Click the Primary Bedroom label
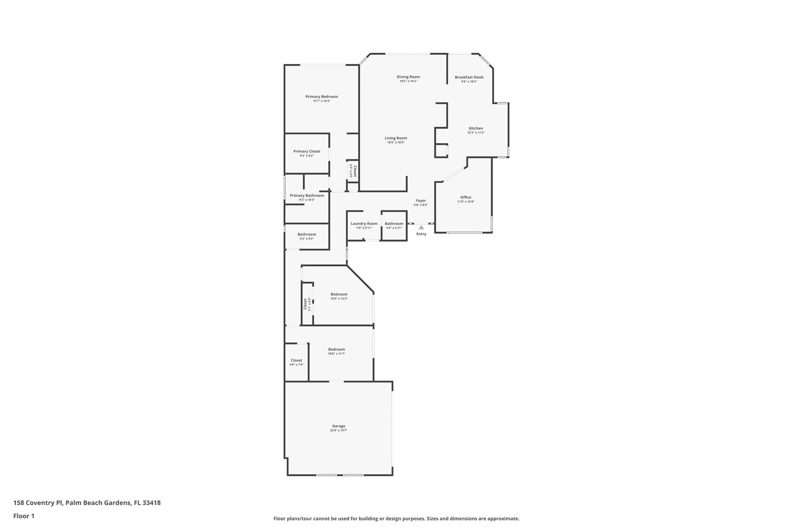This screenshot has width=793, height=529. (x=321, y=96)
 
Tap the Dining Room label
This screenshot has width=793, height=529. (x=408, y=77)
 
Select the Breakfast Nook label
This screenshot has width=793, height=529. (x=469, y=77)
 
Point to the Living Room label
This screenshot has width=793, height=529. (x=396, y=138)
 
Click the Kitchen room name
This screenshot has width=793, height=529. (x=476, y=128)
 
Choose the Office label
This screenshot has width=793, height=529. (x=466, y=197)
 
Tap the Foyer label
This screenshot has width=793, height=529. (x=421, y=201)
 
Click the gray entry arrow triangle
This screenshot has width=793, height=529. (x=421, y=227)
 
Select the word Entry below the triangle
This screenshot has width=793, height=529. (x=421, y=234)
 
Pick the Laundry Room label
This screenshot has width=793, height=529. (x=364, y=224)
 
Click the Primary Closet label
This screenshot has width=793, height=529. (x=307, y=152)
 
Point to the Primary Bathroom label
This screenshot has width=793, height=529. (x=307, y=196)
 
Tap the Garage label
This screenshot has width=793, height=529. (x=338, y=426)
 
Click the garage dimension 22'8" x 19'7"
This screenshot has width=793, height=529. (x=338, y=430)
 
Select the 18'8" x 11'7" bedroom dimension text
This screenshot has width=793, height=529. (x=336, y=353)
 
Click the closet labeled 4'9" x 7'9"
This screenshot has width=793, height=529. (x=296, y=362)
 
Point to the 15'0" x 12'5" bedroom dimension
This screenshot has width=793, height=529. (x=339, y=298)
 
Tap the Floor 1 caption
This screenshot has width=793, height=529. (x=24, y=516)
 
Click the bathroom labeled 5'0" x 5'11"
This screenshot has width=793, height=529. (x=394, y=226)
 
